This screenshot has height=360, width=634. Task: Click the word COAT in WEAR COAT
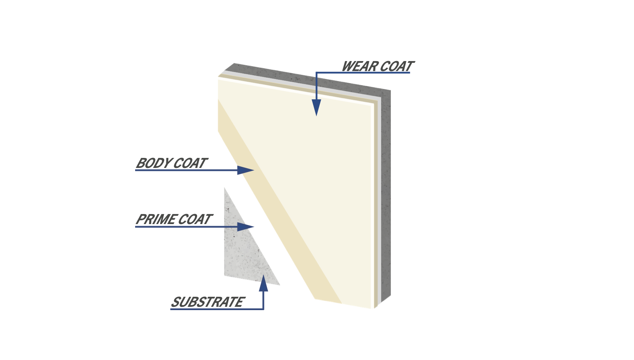(x=397, y=67)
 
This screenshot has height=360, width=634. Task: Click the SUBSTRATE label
(x=207, y=302)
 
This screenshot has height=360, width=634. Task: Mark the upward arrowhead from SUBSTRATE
(x=263, y=284)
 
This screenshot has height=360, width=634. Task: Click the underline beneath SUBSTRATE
(x=216, y=309)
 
